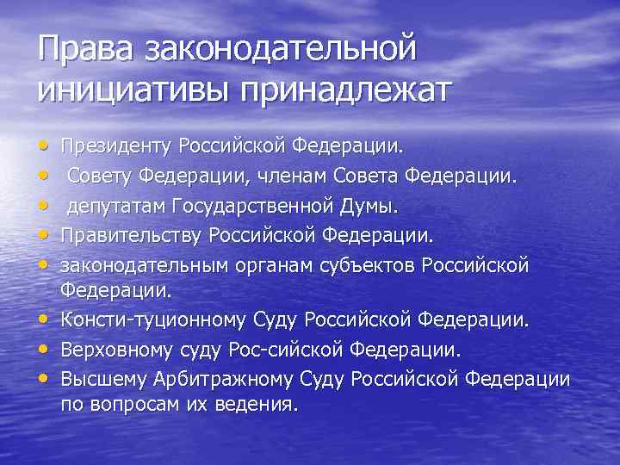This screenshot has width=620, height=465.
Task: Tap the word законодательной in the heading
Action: click(281, 49)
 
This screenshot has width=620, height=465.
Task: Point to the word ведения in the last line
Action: click(263, 405)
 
